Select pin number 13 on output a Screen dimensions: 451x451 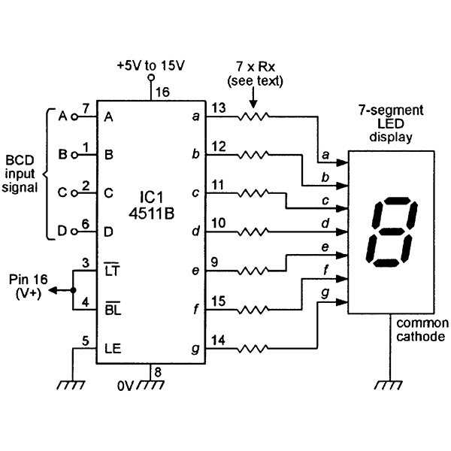(218, 107)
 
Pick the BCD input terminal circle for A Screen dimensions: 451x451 (74, 117)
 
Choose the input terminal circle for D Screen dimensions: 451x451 (74, 232)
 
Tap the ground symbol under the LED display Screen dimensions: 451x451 (390, 386)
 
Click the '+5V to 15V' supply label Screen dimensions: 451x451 (150, 65)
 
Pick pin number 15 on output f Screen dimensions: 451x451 (218, 301)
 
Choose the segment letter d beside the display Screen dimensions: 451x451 (325, 223)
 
